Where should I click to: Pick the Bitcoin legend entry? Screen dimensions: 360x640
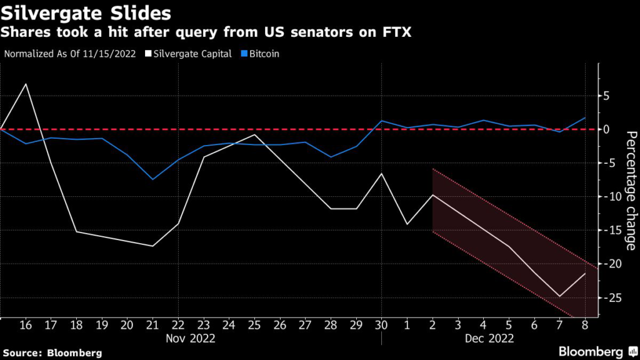click(x=262, y=54)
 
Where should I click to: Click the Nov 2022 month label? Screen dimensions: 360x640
click(x=191, y=339)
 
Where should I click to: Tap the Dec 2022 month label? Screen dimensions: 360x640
click(x=489, y=339)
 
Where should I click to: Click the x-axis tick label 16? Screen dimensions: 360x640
click(x=26, y=325)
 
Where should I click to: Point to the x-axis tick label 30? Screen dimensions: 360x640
click(x=381, y=325)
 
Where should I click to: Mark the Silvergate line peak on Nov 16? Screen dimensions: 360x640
click(x=26, y=84)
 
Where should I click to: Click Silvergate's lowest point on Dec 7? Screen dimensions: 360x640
click(x=559, y=296)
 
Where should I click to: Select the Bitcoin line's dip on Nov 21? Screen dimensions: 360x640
click(x=152, y=179)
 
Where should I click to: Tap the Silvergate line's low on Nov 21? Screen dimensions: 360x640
click(x=152, y=246)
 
